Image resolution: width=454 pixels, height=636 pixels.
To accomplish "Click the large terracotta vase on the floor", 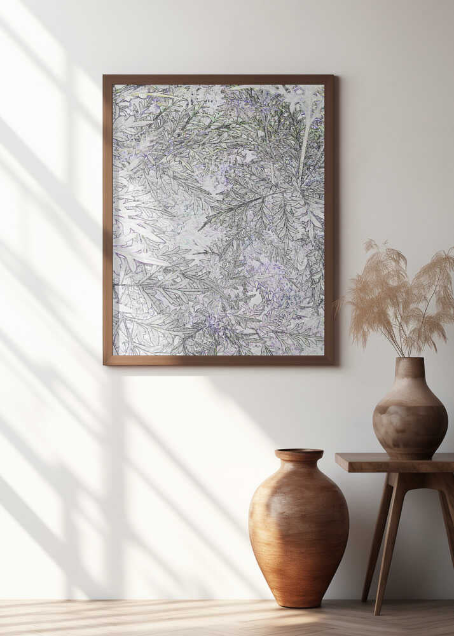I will [298, 528].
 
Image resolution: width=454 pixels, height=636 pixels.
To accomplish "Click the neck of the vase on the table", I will [409, 369].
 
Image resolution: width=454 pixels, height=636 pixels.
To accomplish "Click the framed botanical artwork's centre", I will [218, 219].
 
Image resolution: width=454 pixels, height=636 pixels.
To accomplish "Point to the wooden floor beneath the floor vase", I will [299, 617].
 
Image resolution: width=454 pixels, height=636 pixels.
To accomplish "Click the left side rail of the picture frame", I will [107, 219].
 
